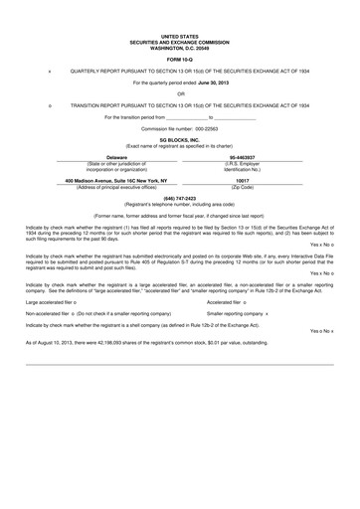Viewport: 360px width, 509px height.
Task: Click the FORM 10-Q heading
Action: [179, 58]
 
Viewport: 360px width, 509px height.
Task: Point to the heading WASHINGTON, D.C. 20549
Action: [179, 45]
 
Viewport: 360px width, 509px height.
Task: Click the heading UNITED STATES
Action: [179, 35]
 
